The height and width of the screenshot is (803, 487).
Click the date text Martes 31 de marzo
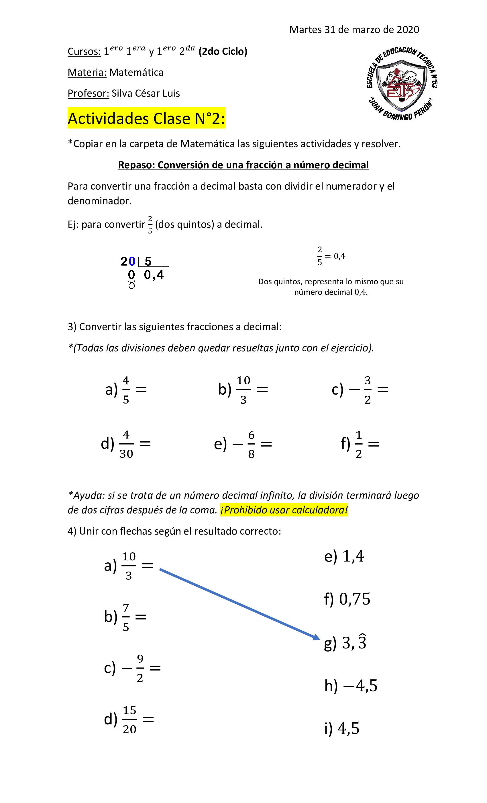pyautogui.click(x=354, y=30)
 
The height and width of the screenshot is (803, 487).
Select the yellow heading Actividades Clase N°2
pyautogui.click(x=146, y=118)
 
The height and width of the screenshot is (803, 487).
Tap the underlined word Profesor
pyautogui.click(x=88, y=93)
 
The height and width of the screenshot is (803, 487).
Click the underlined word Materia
pyautogui.click(x=87, y=72)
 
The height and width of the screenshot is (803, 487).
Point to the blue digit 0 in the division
pyautogui.click(x=132, y=261)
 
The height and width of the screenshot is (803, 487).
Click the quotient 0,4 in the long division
pyautogui.click(x=154, y=275)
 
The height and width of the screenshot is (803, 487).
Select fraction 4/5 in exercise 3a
pyautogui.click(x=126, y=390)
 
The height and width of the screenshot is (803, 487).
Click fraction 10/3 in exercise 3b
pyautogui.click(x=243, y=390)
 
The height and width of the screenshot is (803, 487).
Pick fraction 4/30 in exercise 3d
pyautogui.click(x=126, y=444)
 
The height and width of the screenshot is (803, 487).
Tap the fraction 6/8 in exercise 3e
pyautogui.click(x=251, y=444)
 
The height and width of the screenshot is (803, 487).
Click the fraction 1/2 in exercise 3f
pyautogui.click(x=358, y=444)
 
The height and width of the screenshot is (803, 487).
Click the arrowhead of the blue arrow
pyautogui.click(x=317, y=637)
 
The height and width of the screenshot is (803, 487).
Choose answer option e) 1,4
pyautogui.click(x=344, y=557)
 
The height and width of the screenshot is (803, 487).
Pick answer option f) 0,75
pyautogui.click(x=347, y=599)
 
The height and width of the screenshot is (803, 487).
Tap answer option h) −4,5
pyautogui.click(x=351, y=686)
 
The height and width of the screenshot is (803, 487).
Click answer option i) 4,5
pyautogui.click(x=342, y=728)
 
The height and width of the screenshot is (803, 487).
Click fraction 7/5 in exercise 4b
pyautogui.click(x=126, y=617)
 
